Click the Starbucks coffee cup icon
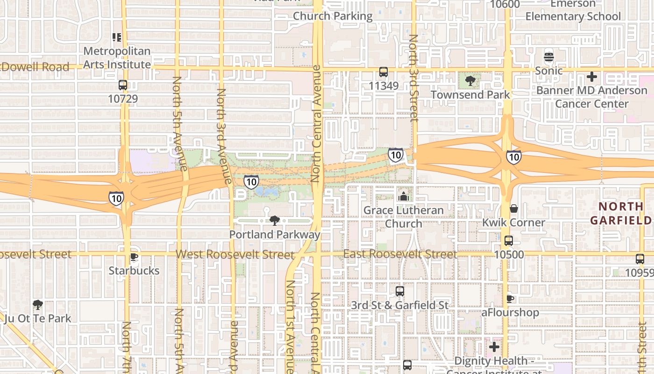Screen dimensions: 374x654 coord(134,257)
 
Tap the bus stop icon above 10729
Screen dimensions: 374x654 coord(123,85)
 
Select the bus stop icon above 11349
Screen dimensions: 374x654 coord(384,72)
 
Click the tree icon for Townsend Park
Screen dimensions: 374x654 coord(470,81)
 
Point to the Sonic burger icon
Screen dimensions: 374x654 coord(549,58)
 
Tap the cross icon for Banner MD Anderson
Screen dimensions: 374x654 coord(592,77)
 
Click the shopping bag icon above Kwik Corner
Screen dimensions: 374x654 coord(514,209)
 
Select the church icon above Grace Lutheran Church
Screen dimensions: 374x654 coord(403,197)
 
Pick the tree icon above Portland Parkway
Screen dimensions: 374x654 coord(275,221)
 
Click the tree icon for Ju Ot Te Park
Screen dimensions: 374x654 coord(38,305)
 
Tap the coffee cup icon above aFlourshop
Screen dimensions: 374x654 coord(510,299)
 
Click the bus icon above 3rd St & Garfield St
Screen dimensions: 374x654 coord(400,291)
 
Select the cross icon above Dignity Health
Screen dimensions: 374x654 coord(494,347)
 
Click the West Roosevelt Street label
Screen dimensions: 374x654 coord(235,255)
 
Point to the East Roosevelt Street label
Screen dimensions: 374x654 coord(400,254)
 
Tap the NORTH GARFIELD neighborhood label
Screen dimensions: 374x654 coord(621,213)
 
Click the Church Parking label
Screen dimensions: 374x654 coord(333,16)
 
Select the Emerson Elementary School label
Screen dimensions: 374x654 coord(573,10)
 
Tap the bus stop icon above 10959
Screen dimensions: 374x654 coord(640,259)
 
